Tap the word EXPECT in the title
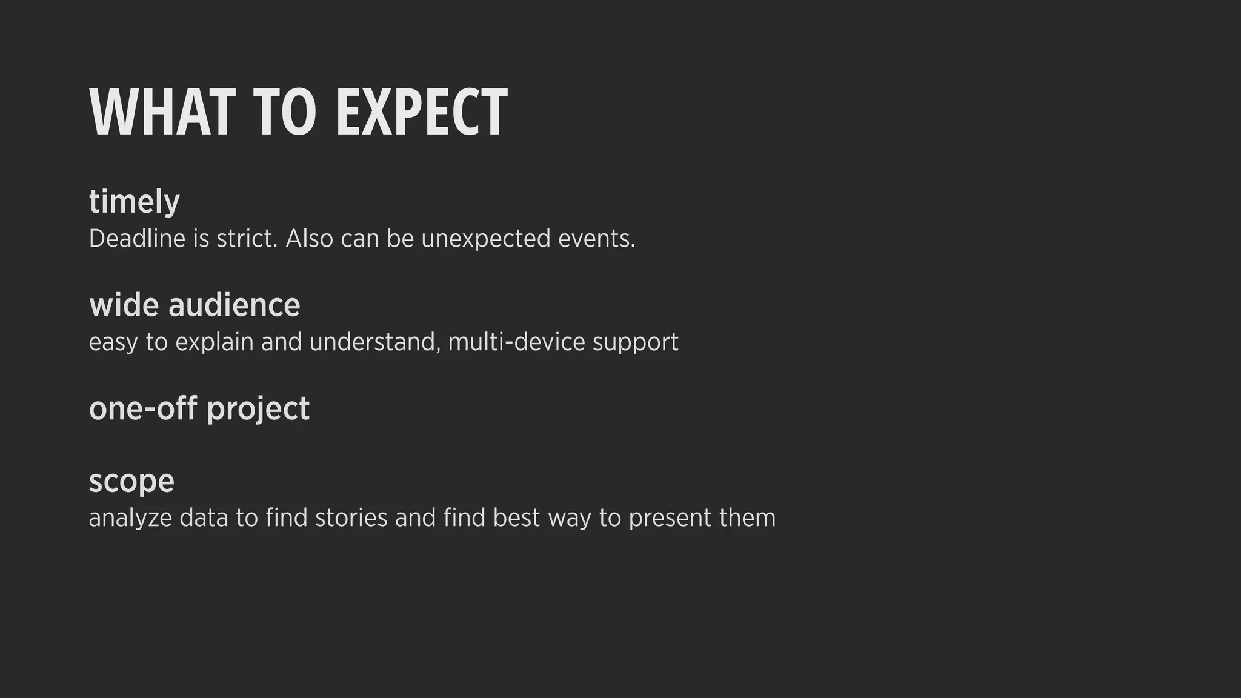point(421,113)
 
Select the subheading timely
point(134,202)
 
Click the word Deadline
point(137,239)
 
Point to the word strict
point(247,239)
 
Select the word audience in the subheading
point(234,305)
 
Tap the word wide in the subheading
point(124,305)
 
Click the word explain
point(214,342)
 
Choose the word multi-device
point(516,342)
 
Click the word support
point(635,342)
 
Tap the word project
point(258,409)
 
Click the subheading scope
point(131,482)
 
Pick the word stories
point(351,518)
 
